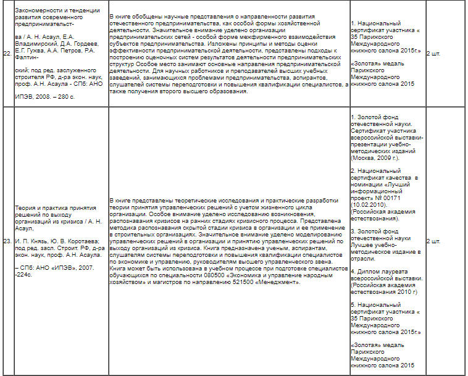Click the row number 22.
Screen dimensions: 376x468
coord(7,54)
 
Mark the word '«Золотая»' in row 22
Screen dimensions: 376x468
coord(366,63)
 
